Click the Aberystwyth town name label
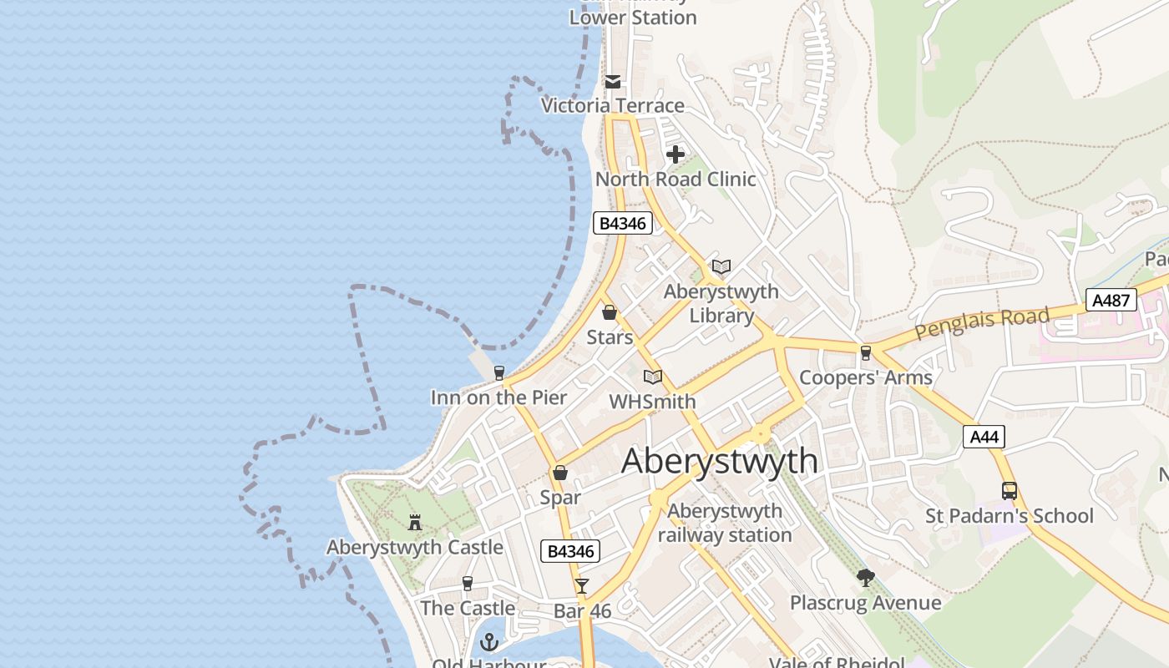click(x=720, y=461)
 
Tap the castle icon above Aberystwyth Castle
click(x=414, y=524)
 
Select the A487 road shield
click(x=1111, y=301)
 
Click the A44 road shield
click(x=983, y=437)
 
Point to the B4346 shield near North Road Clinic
click(x=622, y=223)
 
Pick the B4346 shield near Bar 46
click(x=571, y=551)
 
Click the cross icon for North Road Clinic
click(x=676, y=154)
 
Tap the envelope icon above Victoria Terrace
click(x=613, y=81)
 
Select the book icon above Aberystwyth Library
click(x=721, y=266)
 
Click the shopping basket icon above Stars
click(x=610, y=312)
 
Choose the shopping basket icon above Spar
click(x=559, y=473)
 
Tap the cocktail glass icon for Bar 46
click(x=581, y=586)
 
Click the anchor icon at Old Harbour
click(x=489, y=641)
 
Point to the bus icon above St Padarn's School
click(x=1009, y=491)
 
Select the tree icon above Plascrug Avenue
click(x=865, y=577)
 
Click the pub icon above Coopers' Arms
click(x=865, y=352)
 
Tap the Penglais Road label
click(x=981, y=323)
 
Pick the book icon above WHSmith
click(x=653, y=377)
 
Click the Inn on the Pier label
click(x=498, y=397)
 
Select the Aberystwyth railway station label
click(x=725, y=523)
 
